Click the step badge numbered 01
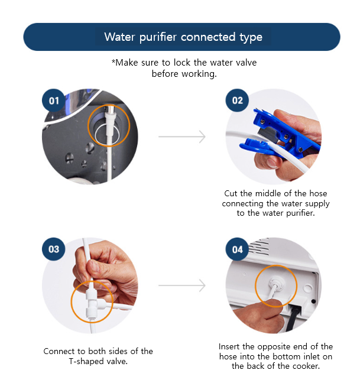coord(54,100)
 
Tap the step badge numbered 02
coord(237,100)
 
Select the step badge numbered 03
coord(54,249)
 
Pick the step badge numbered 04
coord(237,249)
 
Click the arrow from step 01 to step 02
coord(182,137)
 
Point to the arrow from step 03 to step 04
coord(182,285)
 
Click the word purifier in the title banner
coord(158,37)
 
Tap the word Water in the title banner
coord(119,37)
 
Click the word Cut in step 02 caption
coord(231,193)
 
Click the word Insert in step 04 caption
coord(229,346)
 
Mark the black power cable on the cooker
coord(293,318)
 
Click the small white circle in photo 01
coord(107,135)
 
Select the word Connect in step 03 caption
coord(59,351)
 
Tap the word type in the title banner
coord(251,38)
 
